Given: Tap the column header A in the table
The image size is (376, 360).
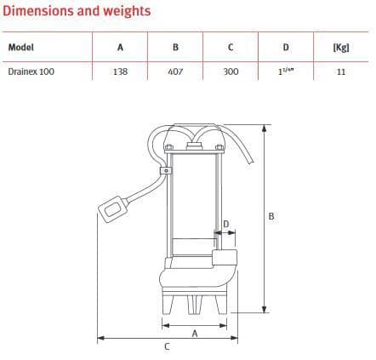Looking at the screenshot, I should pos(120,47).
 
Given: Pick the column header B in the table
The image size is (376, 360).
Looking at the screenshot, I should pos(174,47).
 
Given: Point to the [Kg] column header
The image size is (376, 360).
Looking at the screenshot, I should pos(341,47).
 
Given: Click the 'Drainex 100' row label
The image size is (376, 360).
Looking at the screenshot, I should pos(31,72).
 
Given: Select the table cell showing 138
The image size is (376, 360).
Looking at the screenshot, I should pos(120,72).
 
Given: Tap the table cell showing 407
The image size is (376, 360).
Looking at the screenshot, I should pos(174,72).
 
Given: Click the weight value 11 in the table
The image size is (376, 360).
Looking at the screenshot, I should pos(341,72).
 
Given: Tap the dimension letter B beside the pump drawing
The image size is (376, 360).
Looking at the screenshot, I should pos(271,215).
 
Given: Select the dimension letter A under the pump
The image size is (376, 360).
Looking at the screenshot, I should pos(195,334).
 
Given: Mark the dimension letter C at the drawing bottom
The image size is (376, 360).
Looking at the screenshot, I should pos(166,347).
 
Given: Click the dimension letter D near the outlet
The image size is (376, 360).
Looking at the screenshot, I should pos(225,225).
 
